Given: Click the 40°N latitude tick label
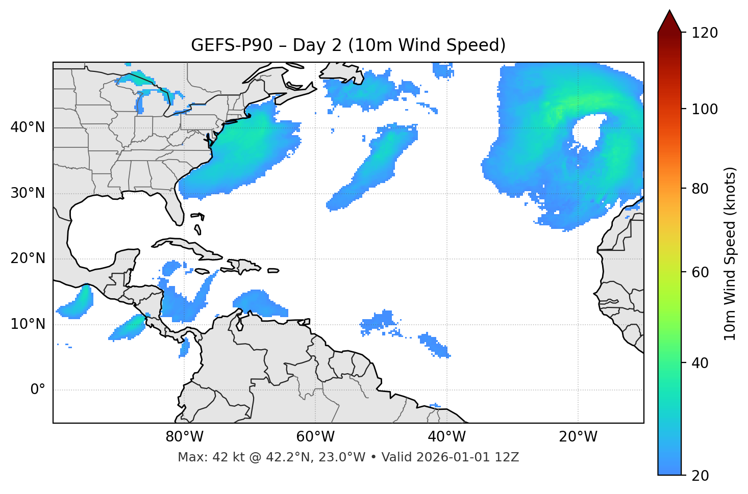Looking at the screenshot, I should tap(28, 127).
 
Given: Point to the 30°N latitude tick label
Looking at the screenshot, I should tap(28, 193).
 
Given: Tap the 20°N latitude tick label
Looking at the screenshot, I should tap(28, 258).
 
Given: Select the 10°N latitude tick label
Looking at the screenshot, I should tap(28, 324).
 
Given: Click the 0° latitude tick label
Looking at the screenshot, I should tap(38, 390).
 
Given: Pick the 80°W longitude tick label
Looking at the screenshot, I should tap(184, 437).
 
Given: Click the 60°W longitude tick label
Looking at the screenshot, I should tap(315, 437).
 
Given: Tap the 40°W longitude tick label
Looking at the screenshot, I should tap(446, 437).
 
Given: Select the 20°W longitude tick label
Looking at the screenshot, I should tap(578, 437).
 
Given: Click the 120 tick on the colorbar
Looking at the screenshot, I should tap(705, 33).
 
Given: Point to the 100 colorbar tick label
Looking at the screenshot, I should tap(705, 109).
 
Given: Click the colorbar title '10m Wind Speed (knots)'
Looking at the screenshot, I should tap(730, 254).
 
